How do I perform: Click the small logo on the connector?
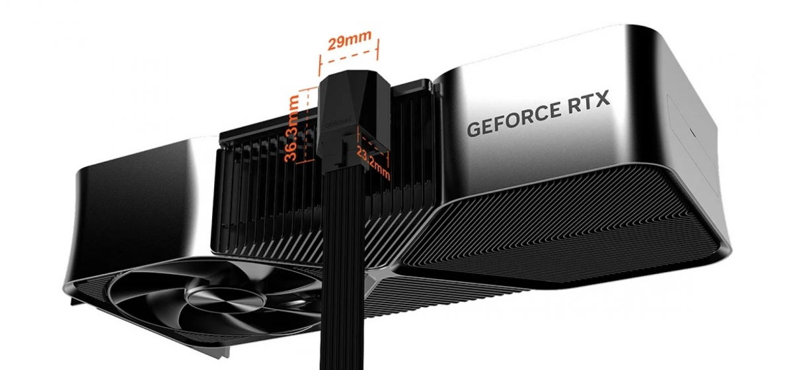(328, 120)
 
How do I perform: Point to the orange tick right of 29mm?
(379, 50)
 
